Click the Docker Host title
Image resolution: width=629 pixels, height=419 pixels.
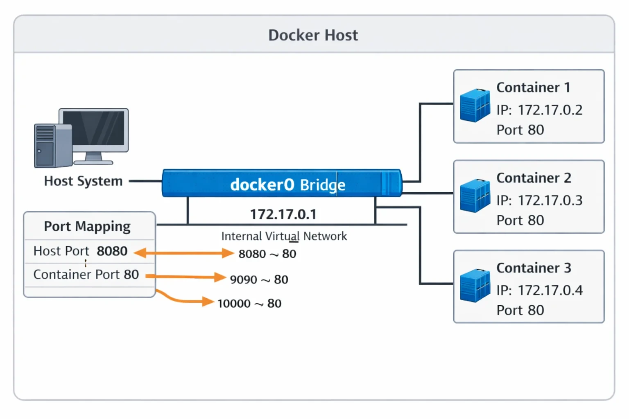click(x=313, y=35)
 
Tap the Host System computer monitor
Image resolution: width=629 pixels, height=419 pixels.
click(x=93, y=136)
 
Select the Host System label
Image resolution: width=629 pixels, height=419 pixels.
click(x=84, y=181)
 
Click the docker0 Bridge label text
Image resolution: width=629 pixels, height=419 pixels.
click(x=287, y=185)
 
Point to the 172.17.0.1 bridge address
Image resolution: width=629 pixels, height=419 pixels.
click(x=283, y=214)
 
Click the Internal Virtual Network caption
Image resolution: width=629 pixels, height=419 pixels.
click(x=284, y=237)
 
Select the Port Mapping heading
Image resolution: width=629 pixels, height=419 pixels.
click(x=87, y=226)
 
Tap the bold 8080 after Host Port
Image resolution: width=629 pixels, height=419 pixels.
click(x=112, y=251)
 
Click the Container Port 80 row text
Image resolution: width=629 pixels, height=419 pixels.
click(x=86, y=275)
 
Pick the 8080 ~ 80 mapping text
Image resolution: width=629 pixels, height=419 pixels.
click(x=267, y=254)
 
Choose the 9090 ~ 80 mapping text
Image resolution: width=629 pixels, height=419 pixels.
click(x=259, y=279)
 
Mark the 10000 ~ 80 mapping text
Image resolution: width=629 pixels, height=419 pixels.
click(x=249, y=304)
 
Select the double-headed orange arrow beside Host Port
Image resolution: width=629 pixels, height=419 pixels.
click(x=183, y=253)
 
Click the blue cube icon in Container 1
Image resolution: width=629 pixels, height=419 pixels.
click(x=475, y=105)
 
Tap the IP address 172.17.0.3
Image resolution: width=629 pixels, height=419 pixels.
click(x=550, y=200)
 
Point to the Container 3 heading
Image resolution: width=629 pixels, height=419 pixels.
click(x=534, y=268)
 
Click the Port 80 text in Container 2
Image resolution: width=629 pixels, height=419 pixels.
click(x=520, y=220)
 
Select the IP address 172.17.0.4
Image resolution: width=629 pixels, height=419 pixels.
click(x=550, y=290)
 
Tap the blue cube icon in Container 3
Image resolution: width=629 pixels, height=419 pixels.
click(x=475, y=286)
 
